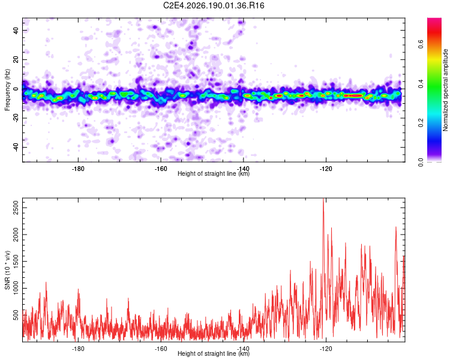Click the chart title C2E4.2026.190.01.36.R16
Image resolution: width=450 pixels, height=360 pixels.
click(x=214, y=5)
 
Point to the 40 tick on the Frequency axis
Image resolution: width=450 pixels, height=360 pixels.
click(x=16, y=30)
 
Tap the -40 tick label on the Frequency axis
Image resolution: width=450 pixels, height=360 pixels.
click(x=16, y=148)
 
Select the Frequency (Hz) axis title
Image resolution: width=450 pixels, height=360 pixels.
click(x=7, y=89)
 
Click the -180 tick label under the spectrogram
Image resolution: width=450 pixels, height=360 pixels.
click(x=78, y=169)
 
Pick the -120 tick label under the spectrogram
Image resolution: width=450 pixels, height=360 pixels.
click(x=326, y=169)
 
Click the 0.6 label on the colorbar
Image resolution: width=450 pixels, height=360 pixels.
click(x=421, y=44)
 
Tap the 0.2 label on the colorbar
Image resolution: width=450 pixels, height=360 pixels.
click(x=421, y=122)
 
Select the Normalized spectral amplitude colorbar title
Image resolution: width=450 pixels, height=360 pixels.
click(x=445, y=90)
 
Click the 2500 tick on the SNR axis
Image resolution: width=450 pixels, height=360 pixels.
click(x=16, y=208)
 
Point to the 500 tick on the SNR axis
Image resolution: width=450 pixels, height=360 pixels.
click(x=16, y=315)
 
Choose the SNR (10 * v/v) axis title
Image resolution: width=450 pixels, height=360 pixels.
click(x=7, y=270)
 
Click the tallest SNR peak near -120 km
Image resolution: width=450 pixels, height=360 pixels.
click(x=323, y=199)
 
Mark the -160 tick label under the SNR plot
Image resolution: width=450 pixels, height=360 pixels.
click(x=160, y=349)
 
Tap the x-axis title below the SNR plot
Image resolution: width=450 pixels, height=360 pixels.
click(x=214, y=353)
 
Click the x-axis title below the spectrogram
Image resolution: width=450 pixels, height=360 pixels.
click(x=214, y=173)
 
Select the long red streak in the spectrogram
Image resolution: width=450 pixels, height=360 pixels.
click(x=353, y=95)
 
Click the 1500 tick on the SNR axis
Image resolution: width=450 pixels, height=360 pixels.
click(x=16, y=261)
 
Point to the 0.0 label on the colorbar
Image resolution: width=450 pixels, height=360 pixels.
click(x=421, y=162)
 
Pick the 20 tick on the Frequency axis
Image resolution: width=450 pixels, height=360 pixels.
click(x=16, y=59)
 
